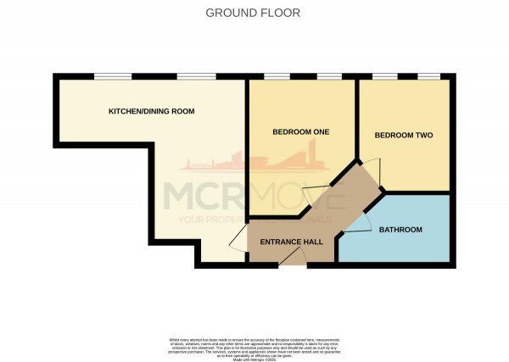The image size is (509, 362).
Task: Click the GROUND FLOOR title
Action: [x=254, y=13]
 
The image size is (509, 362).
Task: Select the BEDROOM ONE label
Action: [x=300, y=132]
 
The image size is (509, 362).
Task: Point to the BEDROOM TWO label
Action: [x=404, y=135]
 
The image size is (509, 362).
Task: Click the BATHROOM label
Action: [x=400, y=230]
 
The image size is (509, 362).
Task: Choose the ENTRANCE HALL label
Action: [x=290, y=242]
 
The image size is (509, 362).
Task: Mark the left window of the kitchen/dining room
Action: [x=106, y=77]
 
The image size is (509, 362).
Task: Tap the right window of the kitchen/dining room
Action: [x=190, y=77]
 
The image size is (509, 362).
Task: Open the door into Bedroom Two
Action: [x=371, y=174]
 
